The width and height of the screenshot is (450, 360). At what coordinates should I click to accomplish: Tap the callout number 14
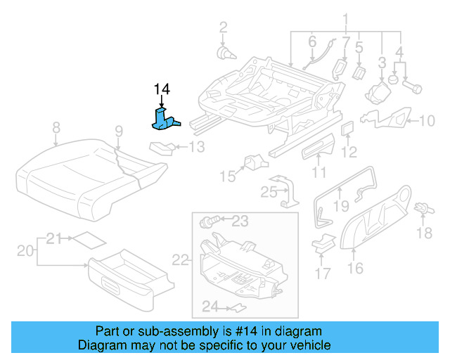(162, 89)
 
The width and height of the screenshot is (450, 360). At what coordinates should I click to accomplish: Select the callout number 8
(56, 127)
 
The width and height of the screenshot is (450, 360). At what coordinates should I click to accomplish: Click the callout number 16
(355, 268)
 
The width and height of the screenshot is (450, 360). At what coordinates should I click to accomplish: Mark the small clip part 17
(323, 245)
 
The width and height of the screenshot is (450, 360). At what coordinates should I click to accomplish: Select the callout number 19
(340, 205)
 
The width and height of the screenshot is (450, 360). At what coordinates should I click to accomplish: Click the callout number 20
(25, 251)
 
